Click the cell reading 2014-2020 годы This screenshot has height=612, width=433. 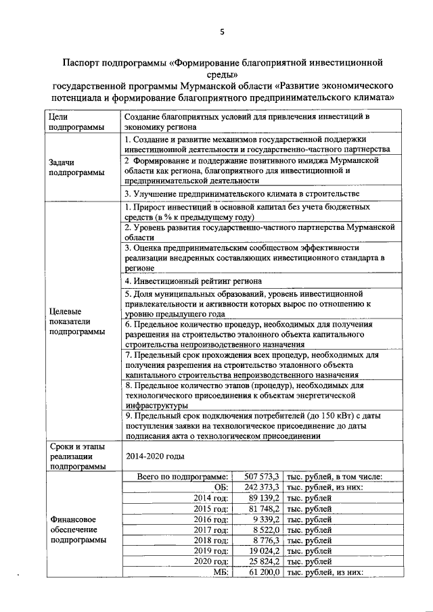155,456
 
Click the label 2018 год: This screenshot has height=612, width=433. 209,540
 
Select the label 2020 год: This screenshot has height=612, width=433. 209,561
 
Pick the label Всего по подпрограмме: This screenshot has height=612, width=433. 183,477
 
